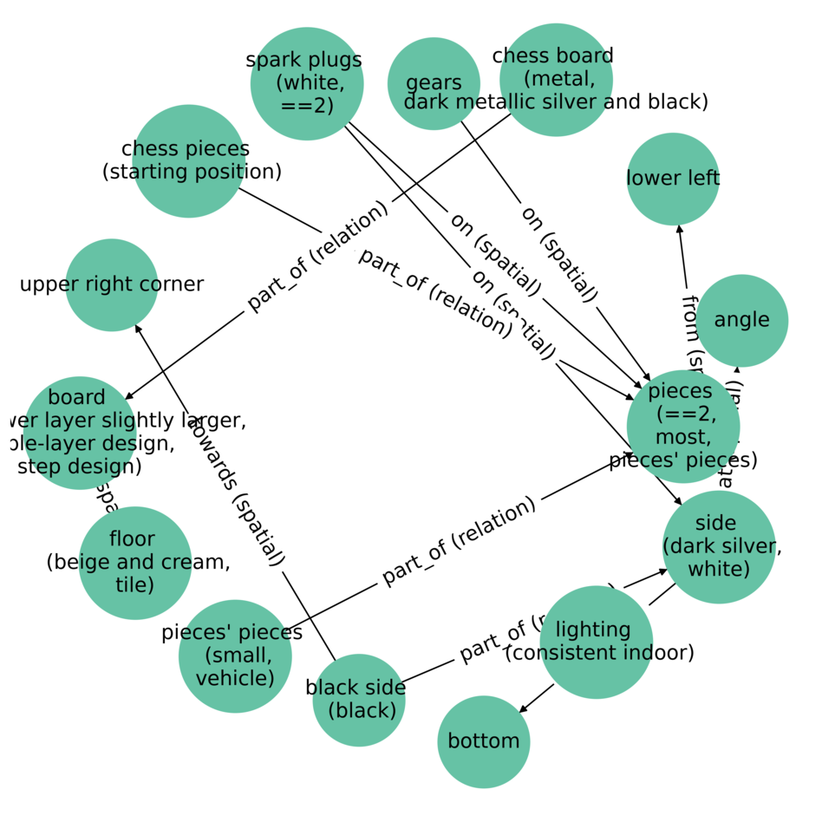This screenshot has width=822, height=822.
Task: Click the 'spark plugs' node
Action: (307, 83)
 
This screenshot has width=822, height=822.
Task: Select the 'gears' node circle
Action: (434, 83)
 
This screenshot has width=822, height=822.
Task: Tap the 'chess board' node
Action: (556, 80)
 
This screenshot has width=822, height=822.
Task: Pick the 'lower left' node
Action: (673, 179)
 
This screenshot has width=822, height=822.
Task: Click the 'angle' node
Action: (741, 320)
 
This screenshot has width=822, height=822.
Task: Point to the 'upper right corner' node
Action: (112, 284)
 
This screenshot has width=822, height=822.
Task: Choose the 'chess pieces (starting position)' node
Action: (188, 160)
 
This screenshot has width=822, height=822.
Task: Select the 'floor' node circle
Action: (135, 562)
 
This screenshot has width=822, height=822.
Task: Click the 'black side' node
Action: (358, 699)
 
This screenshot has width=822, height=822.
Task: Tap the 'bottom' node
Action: (483, 741)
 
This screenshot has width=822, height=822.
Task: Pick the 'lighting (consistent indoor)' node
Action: (596, 642)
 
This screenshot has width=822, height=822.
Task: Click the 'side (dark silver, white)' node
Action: (718, 546)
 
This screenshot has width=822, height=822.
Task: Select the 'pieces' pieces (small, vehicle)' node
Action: (234, 656)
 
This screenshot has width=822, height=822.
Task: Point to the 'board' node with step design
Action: (80, 432)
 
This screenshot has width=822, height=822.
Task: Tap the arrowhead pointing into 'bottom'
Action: (522, 710)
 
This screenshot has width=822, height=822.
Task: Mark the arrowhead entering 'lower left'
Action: (680, 229)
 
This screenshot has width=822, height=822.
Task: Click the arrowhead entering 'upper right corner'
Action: (137, 328)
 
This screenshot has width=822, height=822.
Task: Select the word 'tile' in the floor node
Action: (134, 584)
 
